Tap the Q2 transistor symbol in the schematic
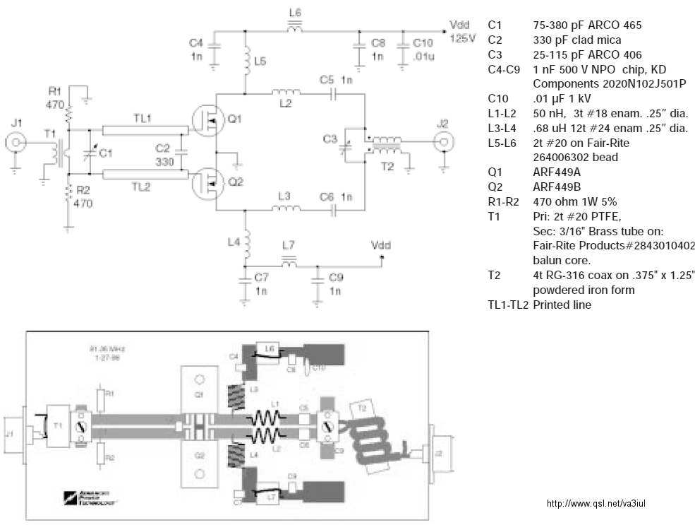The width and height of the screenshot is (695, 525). pos(205,183)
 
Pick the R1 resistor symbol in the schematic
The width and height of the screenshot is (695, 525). pos(69,112)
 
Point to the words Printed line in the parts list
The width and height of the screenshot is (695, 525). pos(562,305)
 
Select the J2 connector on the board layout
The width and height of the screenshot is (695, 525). pos(437,452)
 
